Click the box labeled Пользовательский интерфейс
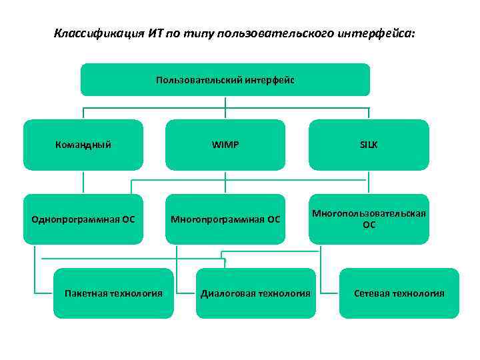(x=225, y=80)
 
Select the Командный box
(x=83, y=144)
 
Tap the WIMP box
(x=225, y=144)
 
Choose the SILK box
(x=369, y=144)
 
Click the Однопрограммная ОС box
(x=83, y=219)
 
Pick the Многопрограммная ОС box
(x=225, y=219)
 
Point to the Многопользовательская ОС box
(x=369, y=219)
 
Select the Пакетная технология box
(x=113, y=293)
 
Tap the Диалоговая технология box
(x=256, y=293)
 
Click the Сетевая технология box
(x=399, y=293)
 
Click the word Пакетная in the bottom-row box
(x=85, y=293)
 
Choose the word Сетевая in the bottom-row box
(x=371, y=293)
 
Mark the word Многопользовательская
(x=369, y=212)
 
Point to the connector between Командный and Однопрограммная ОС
(x=83, y=181)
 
